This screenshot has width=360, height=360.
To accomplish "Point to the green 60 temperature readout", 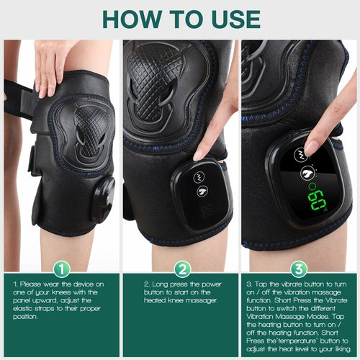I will pos(317,199).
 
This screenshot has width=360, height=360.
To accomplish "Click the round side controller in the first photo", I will pos(103,199).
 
